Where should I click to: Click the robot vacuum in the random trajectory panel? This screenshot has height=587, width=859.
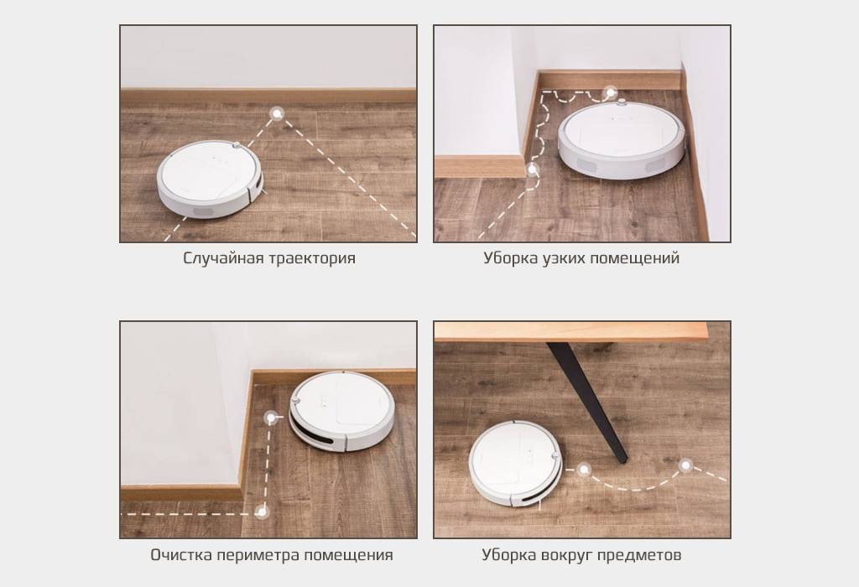point(209,178)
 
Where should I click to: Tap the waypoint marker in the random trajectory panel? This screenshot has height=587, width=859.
point(275,112)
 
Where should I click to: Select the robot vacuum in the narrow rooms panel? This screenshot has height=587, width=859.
point(621,137)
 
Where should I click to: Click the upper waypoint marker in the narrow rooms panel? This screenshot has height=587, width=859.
point(610,92)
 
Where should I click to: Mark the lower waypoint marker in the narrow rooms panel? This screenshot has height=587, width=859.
point(533,170)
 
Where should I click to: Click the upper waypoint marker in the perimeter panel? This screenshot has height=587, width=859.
point(270,417)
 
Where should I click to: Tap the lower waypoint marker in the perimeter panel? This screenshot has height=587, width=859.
point(262,510)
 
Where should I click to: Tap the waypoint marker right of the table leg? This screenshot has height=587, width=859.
point(685,465)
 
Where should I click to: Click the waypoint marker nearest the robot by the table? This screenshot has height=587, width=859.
point(582,470)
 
